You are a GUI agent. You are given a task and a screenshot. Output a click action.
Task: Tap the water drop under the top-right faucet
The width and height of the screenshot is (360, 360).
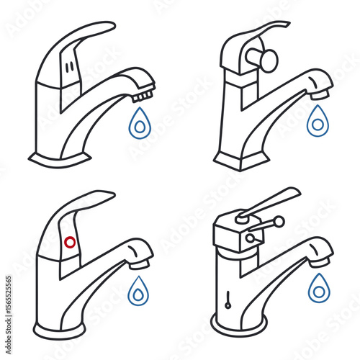pyautogui.click(x=317, y=122)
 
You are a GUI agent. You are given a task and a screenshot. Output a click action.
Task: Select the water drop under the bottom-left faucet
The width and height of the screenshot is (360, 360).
pyautogui.click(x=137, y=292)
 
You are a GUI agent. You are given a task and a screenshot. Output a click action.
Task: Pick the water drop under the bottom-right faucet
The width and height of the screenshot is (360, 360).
pyautogui.click(x=318, y=289)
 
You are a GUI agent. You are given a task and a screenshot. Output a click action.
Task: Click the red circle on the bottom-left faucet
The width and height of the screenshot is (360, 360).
pyautogui.click(x=71, y=242)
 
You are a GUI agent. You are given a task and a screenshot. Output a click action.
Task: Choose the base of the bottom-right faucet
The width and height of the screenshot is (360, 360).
pyautogui.click(x=240, y=325)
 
